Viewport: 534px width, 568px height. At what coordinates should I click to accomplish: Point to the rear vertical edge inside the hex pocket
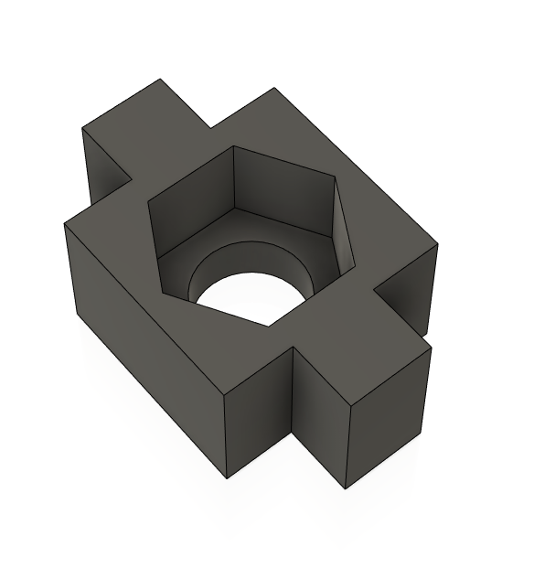pos(234,177)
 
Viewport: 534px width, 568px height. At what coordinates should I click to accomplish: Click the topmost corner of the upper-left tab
pos(160,80)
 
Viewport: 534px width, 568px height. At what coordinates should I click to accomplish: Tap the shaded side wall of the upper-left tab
pos(105,165)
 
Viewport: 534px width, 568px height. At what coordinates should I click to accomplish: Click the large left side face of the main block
pos(137,329)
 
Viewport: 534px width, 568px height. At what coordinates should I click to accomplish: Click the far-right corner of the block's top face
pos(437,245)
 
